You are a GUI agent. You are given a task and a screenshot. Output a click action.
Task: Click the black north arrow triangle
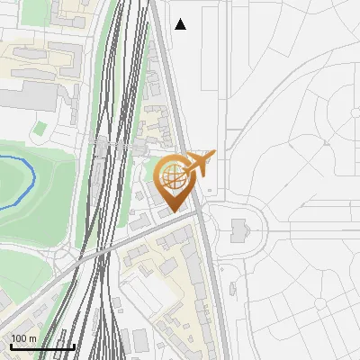click(x=181, y=24)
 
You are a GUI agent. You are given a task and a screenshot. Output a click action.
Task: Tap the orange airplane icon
click(x=200, y=164)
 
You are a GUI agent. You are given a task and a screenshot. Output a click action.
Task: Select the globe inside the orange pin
click(x=171, y=175)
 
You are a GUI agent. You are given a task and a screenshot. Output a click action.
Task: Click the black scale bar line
click(x=42, y=347)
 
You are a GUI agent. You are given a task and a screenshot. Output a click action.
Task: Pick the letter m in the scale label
click(x=33, y=338)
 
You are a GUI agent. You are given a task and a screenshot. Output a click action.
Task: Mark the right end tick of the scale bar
click(x=74, y=345)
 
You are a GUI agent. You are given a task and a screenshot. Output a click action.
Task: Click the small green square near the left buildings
click(x=39, y=130)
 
